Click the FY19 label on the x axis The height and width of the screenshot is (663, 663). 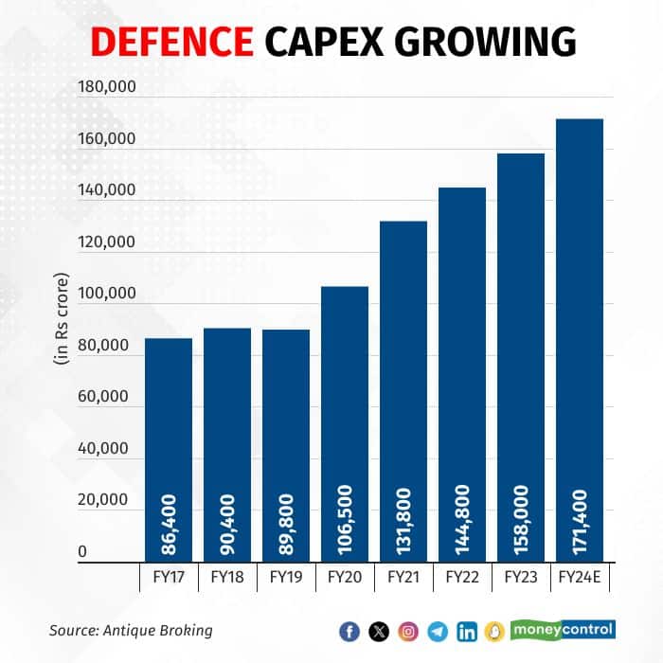tap(286, 576)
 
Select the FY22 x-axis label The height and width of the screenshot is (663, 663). tap(462, 576)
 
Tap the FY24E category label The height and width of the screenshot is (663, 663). tap(580, 576)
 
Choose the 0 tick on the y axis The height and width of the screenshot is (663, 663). tap(81, 551)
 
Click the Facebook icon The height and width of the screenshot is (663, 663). tap(349, 631)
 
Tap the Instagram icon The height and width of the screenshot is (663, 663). tap(408, 631)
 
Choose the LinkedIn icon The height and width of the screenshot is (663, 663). tap(467, 631)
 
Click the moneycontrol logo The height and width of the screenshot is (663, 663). tap(563, 629)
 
